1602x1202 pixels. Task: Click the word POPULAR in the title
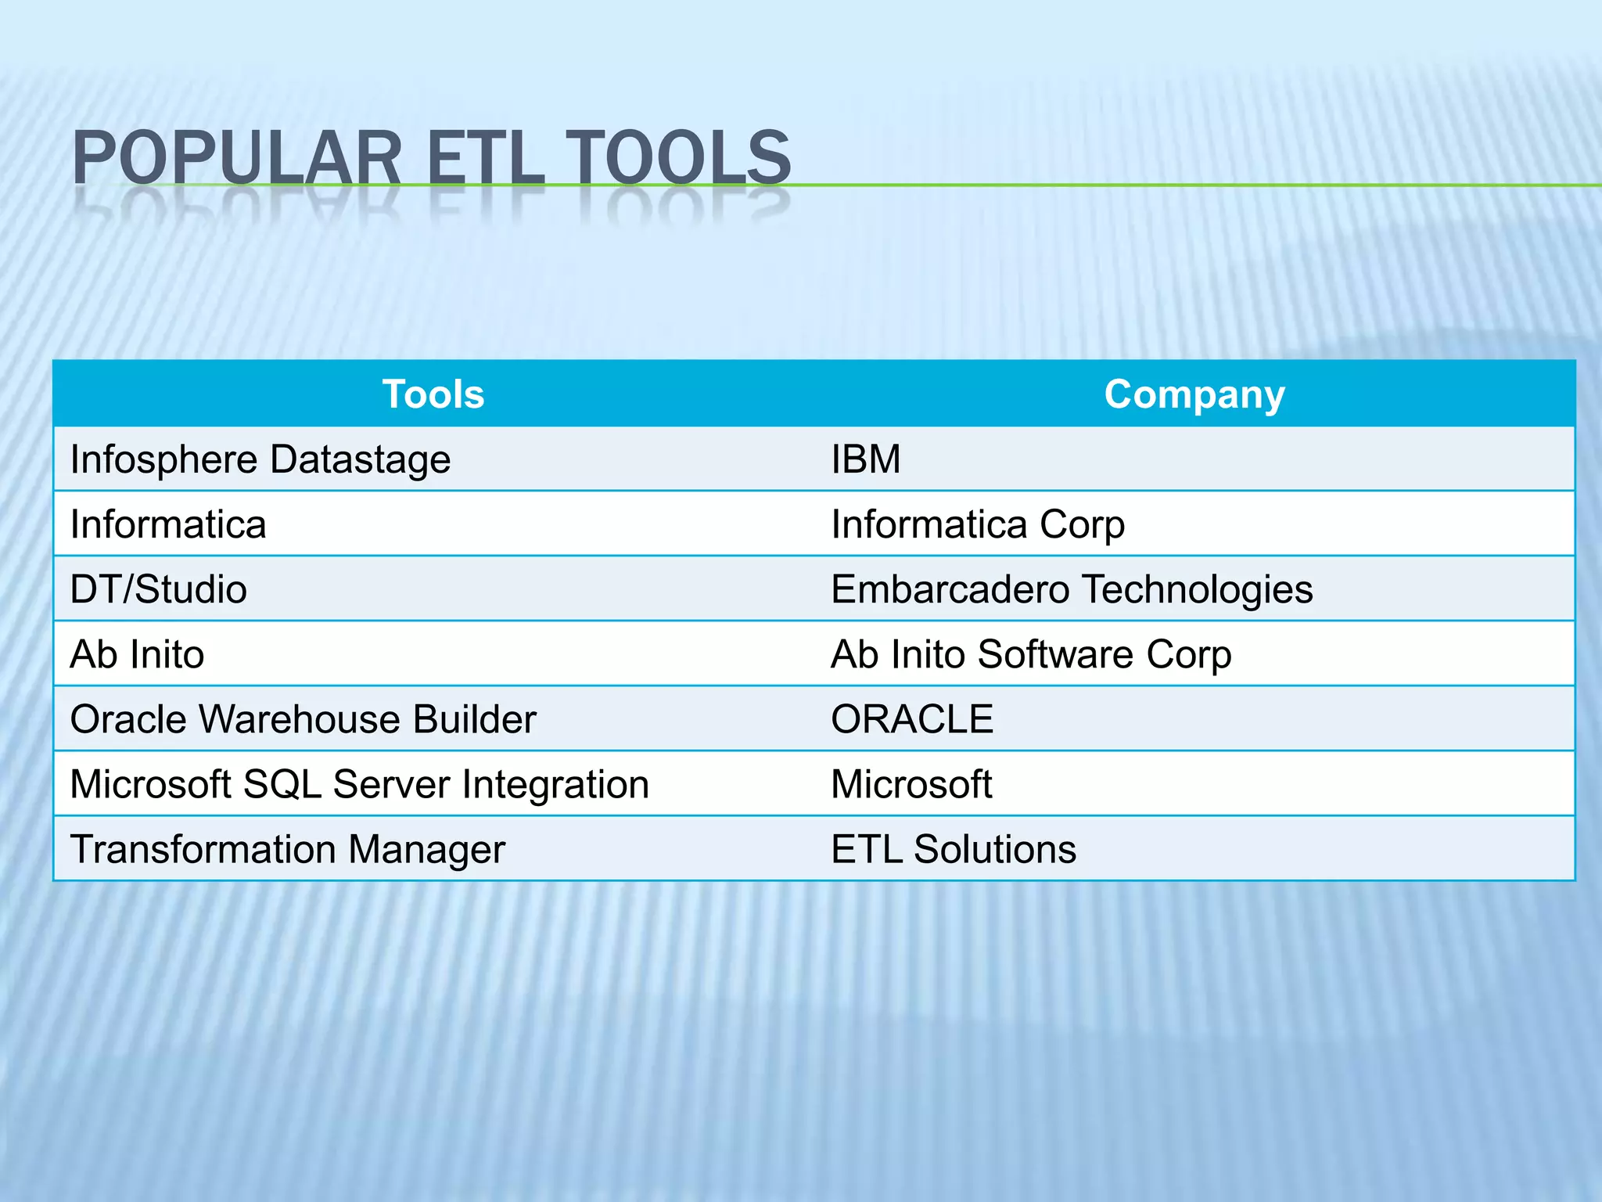237,158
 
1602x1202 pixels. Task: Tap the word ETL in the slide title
486,158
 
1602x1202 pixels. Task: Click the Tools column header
433,394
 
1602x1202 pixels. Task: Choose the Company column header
1194,394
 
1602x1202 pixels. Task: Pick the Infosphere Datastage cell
260,459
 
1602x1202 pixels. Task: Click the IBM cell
865,459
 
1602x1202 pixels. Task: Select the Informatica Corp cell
978,524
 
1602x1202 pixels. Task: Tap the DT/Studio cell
158,589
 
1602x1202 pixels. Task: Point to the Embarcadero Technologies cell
1072,589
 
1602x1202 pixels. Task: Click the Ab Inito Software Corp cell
1031,654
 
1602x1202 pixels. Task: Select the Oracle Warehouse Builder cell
303,719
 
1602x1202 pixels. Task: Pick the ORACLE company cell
912,719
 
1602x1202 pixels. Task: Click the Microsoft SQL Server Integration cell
359,784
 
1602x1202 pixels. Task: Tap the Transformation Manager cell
287,849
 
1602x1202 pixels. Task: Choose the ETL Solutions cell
954,849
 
